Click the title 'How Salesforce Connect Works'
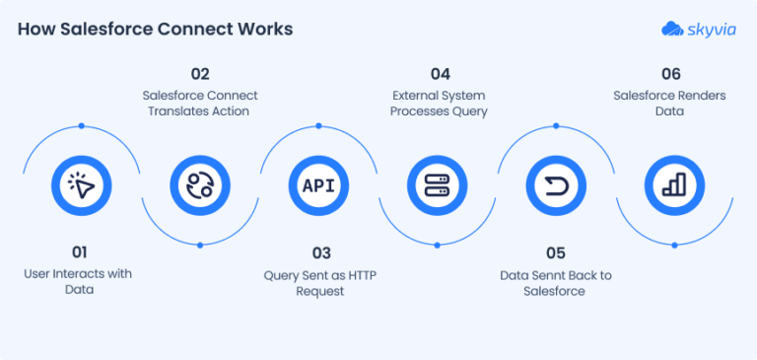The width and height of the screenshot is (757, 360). click(x=155, y=29)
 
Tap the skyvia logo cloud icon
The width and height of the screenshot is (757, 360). click(x=673, y=29)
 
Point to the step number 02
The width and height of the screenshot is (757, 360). click(x=200, y=73)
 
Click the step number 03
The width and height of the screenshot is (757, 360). click(x=318, y=252)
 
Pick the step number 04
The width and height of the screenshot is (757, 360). click(x=439, y=73)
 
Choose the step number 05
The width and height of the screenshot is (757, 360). click(x=556, y=252)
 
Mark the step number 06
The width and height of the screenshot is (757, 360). click(x=675, y=73)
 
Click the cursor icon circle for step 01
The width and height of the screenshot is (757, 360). click(x=81, y=184)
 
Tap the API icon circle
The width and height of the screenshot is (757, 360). click(x=318, y=184)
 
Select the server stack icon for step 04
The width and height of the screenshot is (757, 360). click(x=437, y=184)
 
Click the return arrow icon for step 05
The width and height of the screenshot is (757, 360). click(x=556, y=184)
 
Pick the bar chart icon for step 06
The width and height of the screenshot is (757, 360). click(x=675, y=184)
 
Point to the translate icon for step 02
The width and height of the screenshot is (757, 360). click(x=200, y=184)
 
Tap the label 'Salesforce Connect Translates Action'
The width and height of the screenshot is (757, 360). click(x=200, y=104)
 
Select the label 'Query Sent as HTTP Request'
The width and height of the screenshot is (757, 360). click(x=318, y=283)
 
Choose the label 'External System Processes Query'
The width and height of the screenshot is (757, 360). click(x=439, y=104)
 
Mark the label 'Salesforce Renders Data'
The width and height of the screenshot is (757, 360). click(x=675, y=104)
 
